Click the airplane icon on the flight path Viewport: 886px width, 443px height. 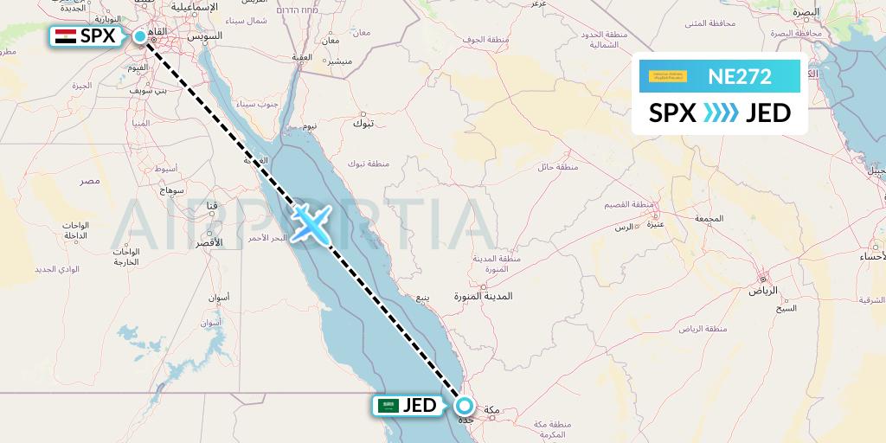[309, 222]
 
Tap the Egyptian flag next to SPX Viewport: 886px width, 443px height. [64, 36]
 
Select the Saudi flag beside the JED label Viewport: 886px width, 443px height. [388, 405]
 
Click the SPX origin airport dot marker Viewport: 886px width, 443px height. [140, 36]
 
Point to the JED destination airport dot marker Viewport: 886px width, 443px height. [465, 405]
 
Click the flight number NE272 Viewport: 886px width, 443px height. [740, 76]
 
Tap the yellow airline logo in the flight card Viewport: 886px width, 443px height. [668, 76]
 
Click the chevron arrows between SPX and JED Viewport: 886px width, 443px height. [720, 112]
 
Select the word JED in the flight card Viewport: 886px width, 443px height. [767, 112]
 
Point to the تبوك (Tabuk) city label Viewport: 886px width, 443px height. [363, 124]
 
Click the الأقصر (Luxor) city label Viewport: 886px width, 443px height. [208, 242]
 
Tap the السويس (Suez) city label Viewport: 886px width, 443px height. [208, 35]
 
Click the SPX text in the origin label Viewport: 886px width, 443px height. [97, 36]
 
